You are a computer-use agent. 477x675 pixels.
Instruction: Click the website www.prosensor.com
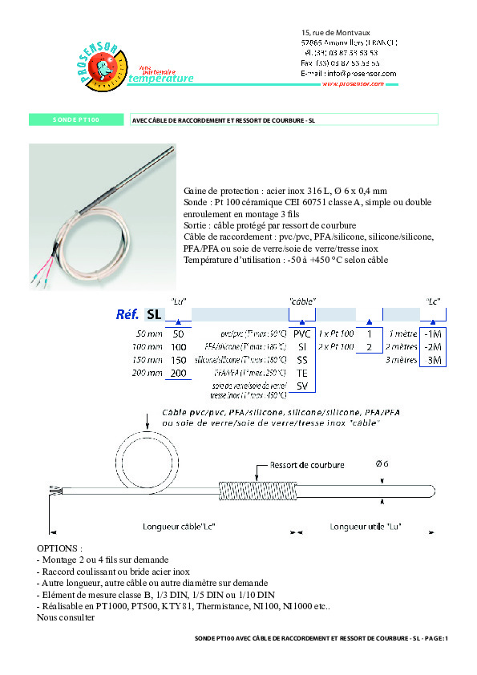[358, 83]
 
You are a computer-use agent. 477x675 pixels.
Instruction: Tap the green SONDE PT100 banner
[75, 120]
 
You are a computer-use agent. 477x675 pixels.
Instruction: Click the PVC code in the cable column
[301, 333]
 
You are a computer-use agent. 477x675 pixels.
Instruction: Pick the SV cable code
[301, 386]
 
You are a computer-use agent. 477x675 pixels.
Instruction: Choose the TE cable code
[301, 374]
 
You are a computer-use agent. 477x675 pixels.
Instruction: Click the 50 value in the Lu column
[178, 333]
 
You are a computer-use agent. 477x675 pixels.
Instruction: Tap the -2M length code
[432, 346]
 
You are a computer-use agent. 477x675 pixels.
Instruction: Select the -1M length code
[432, 333]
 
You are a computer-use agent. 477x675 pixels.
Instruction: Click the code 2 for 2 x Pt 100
[369, 346]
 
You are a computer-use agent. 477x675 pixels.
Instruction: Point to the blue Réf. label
[127, 314]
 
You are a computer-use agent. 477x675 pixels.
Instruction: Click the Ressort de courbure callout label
[307, 465]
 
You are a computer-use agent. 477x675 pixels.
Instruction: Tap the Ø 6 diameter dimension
[383, 464]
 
